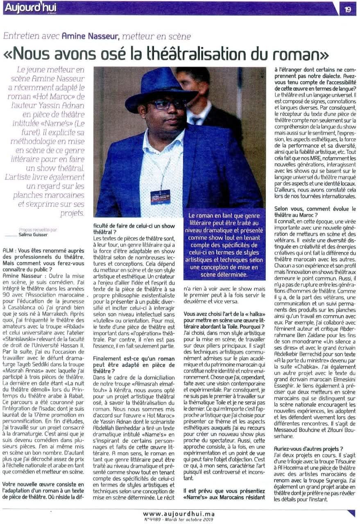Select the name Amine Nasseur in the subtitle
pyautogui.click(x=91, y=36)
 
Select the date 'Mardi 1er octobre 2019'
pyautogui.click(x=192, y=519)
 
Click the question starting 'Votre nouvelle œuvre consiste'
pyautogui.click(x=45, y=487)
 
